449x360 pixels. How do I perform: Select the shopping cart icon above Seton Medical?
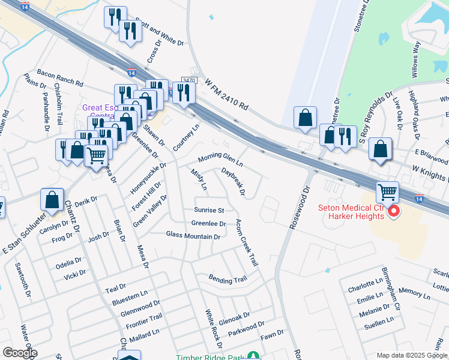tap(387, 193)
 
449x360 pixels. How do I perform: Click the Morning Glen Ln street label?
tap(220, 160)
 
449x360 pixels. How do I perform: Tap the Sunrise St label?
tap(209, 210)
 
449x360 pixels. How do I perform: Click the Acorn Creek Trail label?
tap(247, 244)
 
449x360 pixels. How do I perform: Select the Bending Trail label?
tap(228, 279)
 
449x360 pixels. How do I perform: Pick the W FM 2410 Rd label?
tap(226, 95)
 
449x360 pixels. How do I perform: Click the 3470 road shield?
tap(189, 80)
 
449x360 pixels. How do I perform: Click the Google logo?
tap(19, 353)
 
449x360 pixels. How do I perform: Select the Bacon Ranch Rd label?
tap(59, 77)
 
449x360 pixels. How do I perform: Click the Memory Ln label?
tap(411, 291)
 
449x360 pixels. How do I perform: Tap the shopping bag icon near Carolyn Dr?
tap(52, 200)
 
